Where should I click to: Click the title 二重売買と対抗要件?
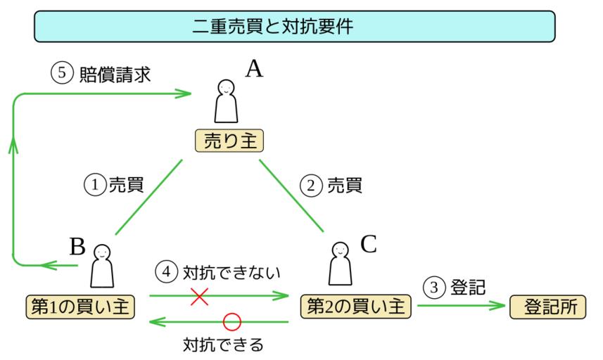295,27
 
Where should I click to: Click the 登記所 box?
546,306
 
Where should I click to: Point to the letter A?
253,69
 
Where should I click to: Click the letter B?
77,246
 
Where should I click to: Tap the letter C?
369,245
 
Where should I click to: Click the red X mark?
200,296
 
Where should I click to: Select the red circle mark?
231,322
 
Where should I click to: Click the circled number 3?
435,287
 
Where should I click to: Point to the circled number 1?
94,185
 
